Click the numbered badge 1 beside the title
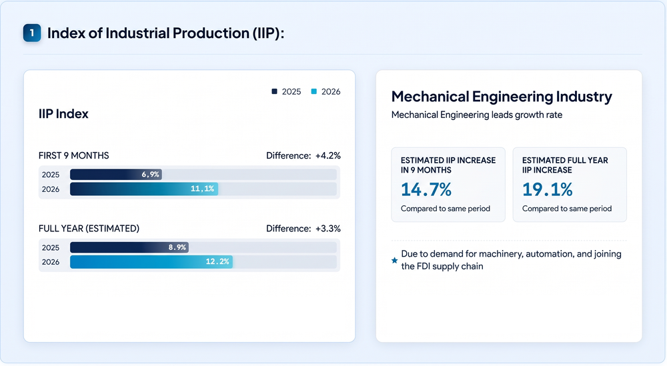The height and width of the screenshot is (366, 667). (32, 33)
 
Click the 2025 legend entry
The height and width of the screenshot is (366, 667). (286, 92)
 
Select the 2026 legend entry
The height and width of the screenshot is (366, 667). (326, 92)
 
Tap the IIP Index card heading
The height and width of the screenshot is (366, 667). (63, 114)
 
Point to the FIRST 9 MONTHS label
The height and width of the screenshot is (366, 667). (73, 155)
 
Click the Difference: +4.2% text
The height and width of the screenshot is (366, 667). (303, 155)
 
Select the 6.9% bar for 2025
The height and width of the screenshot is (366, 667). (115, 174)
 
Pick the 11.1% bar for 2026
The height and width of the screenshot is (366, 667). (144, 189)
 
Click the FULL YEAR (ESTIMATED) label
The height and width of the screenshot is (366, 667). (89, 229)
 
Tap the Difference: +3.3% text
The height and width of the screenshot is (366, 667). (303, 229)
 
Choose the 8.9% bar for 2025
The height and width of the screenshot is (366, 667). (129, 247)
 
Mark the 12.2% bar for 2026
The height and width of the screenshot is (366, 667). (151, 262)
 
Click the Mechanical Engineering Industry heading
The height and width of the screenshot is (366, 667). (502, 97)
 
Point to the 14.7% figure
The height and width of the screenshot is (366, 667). (426, 189)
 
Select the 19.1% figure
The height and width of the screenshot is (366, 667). (548, 189)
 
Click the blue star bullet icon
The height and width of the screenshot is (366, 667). (395, 260)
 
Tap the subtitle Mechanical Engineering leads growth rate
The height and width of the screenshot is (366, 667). (477, 115)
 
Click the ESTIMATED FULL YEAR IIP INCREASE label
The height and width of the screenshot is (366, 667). (566, 165)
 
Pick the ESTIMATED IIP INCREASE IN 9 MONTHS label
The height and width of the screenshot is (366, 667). (448, 165)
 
